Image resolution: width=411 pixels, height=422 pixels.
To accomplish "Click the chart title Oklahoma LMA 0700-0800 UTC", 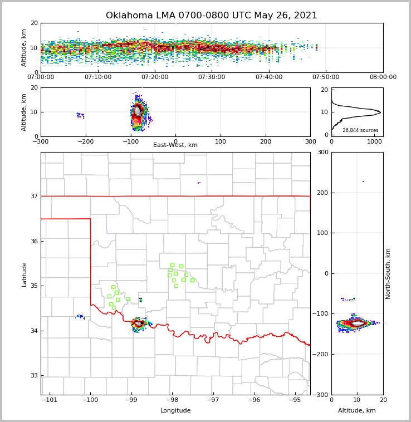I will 212,16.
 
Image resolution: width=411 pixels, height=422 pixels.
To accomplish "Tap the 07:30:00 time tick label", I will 212,77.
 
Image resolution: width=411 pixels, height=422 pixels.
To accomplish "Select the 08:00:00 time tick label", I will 383,77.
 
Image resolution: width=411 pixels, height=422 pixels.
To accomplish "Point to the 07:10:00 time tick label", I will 97,77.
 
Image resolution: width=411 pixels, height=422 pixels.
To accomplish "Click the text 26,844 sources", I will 360,130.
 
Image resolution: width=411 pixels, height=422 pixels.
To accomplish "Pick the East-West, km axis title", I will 175,145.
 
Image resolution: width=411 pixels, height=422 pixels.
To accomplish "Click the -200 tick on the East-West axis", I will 85,141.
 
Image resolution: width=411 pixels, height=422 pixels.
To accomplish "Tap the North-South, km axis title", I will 388,273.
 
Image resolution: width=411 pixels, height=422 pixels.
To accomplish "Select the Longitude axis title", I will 175,411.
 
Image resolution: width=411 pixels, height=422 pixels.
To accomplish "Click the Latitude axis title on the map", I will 25,274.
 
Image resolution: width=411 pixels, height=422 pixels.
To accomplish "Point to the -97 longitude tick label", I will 213,400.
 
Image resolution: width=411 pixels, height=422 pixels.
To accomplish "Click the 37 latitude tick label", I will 33,196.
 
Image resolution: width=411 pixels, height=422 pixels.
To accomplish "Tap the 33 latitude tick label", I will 33,376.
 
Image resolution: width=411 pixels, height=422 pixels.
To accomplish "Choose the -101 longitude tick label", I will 49,400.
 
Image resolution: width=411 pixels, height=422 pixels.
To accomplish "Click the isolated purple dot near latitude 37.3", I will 198,183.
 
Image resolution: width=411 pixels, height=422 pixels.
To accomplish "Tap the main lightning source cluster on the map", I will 138,323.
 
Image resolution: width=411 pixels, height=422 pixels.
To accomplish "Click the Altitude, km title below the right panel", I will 357,411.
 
